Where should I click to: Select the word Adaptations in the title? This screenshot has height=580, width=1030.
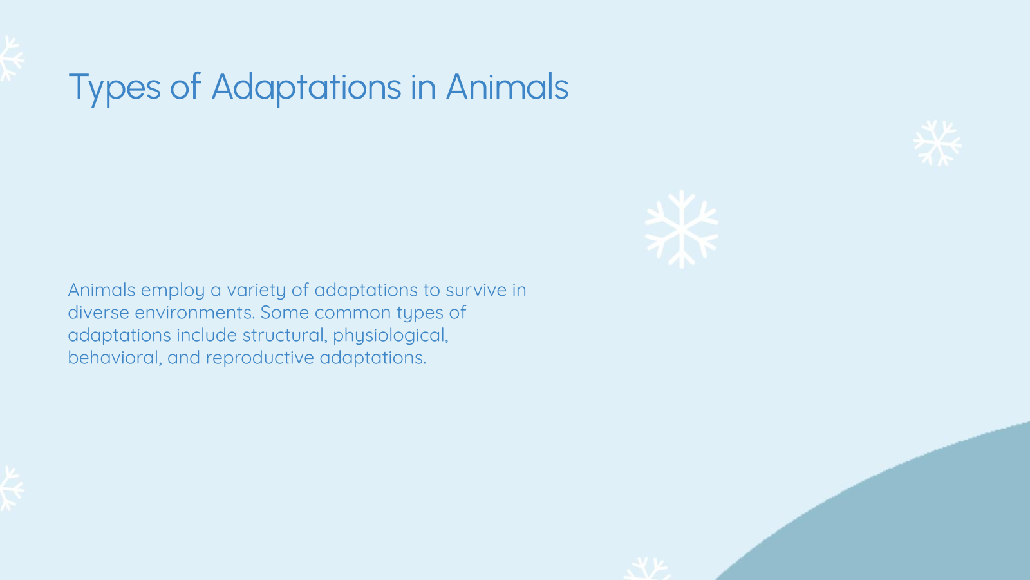tap(306, 88)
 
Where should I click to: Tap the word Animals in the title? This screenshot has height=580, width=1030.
tap(507, 86)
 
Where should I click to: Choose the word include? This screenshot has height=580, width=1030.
tap(207, 335)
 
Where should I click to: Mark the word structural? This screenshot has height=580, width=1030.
tap(284, 335)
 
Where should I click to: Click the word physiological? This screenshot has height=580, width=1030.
tap(390, 336)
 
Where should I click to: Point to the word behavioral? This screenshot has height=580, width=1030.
tap(114, 358)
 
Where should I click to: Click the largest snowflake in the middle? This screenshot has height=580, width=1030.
tap(681, 229)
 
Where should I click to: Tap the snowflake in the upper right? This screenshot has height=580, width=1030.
tap(937, 142)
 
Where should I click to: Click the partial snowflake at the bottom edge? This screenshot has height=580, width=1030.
tap(648, 569)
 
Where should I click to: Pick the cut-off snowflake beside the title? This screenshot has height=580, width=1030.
tap(10, 58)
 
